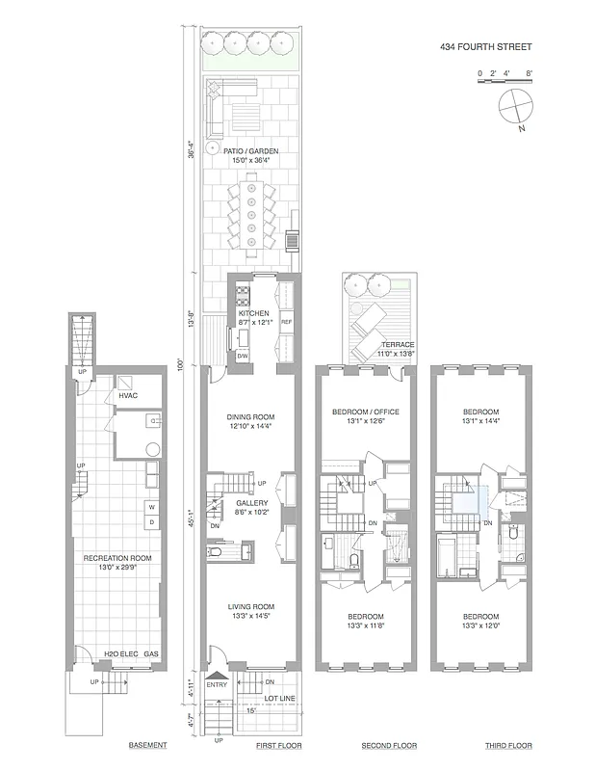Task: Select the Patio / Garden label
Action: pyautogui.click(x=250, y=151)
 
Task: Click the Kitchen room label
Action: pyautogui.click(x=254, y=313)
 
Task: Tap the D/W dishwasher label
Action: pyautogui.click(x=243, y=357)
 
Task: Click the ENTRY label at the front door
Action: pyautogui.click(x=216, y=685)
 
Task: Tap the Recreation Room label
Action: pyautogui.click(x=117, y=558)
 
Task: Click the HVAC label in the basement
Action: pyautogui.click(x=128, y=395)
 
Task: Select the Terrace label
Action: pyautogui.click(x=397, y=344)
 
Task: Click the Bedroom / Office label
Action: pyautogui.click(x=365, y=412)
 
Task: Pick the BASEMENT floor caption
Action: pyautogui.click(x=148, y=746)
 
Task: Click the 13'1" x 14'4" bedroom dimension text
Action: pyautogui.click(x=480, y=420)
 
